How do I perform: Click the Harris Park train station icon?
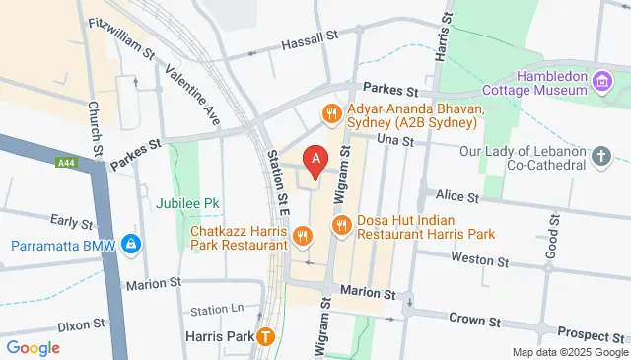(265, 336)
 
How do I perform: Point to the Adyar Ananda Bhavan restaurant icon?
(331, 114)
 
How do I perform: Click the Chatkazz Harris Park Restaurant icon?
(302, 236)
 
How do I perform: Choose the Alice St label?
(457, 197)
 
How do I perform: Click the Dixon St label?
(80, 324)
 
